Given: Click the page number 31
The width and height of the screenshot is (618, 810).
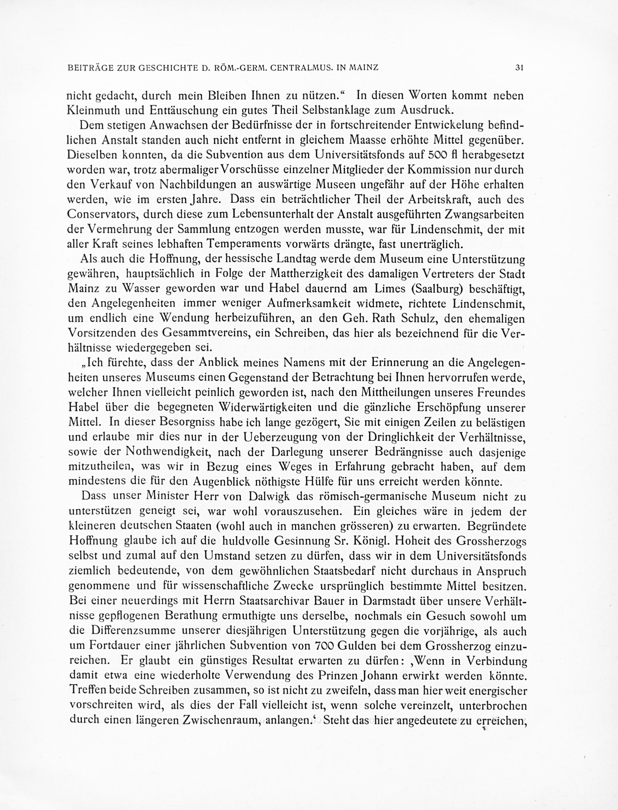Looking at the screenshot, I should point(519,68).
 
